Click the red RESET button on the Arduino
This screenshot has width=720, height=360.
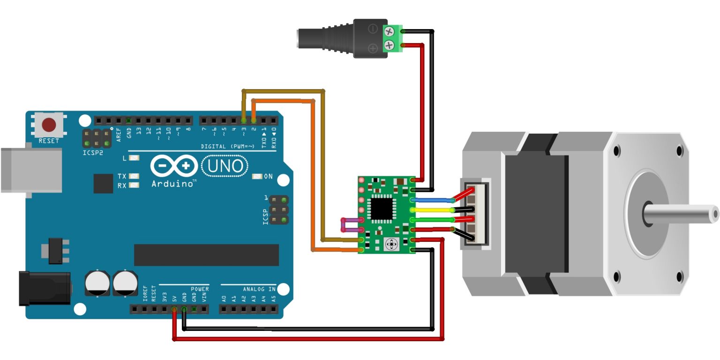[x=49, y=125]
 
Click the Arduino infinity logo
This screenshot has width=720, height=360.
[x=174, y=166]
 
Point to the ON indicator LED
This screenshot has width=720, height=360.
[x=257, y=177]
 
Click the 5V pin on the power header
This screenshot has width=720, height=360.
[x=174, y=309]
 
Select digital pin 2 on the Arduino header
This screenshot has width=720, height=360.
[x=254, y=120]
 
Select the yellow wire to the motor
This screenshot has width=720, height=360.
[x=434, y=210]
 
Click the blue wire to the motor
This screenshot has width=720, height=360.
[x=434, y=200]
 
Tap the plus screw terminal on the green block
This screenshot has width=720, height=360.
[x=390, y=45]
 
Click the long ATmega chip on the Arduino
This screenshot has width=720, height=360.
[x=206, y=255]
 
